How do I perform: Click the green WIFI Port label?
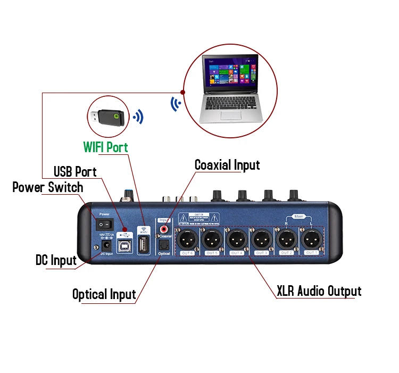[x=106, y=147]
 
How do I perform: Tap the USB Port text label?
[x=75, y=171]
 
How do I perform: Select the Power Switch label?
[x=47, y=187]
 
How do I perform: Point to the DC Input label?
[x=56, y=260]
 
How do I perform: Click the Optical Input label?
[x=104, y=294]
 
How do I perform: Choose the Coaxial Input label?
[x=227, y=165]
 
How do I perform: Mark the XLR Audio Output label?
[x=319, y=291]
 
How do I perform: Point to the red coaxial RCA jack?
[x=164, y=228]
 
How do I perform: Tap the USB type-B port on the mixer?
[x=124, y=244]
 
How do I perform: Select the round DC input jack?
[x=106, y=246]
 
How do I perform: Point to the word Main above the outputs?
[x=298, y=216]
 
